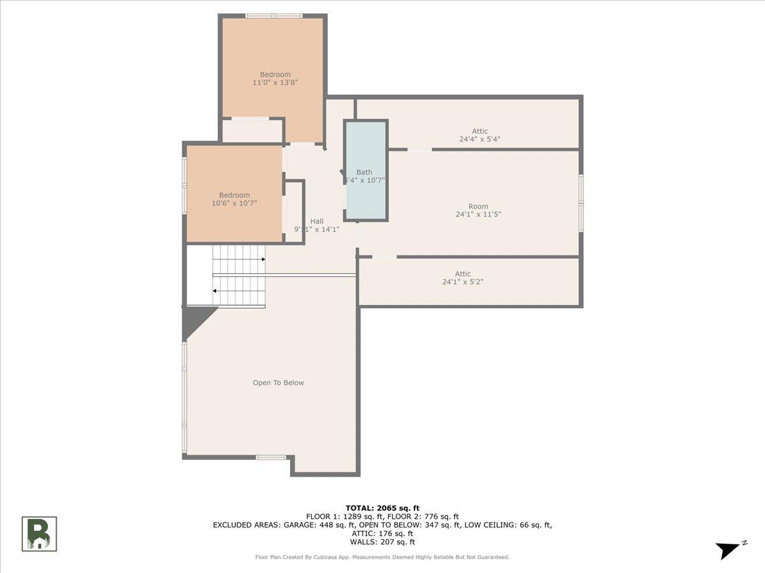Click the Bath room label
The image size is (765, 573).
click(364, 172)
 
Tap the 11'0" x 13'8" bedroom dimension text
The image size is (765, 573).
click(275, 83)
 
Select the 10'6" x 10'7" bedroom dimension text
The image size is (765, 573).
click(234, 203)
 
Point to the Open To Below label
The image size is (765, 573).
click(278, 383)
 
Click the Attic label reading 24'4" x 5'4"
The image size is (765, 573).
click(479, 131)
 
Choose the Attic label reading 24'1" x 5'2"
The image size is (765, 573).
click(463, 274)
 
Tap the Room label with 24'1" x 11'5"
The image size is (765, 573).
click(478, 206)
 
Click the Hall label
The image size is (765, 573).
click(317, 221)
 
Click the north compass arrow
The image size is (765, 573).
click(729, 549)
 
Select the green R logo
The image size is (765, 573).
click(40, 534)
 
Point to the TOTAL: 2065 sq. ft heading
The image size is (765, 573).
click(382, 507)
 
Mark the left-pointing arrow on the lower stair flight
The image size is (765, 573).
click(215, 291)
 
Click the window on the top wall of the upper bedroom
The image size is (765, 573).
click(273, 16)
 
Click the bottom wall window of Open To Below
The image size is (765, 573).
click(271, 457)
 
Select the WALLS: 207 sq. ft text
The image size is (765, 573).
click(382, 542)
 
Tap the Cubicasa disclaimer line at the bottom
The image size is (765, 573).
click(382, 557)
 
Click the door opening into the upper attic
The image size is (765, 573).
click(419, 149)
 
